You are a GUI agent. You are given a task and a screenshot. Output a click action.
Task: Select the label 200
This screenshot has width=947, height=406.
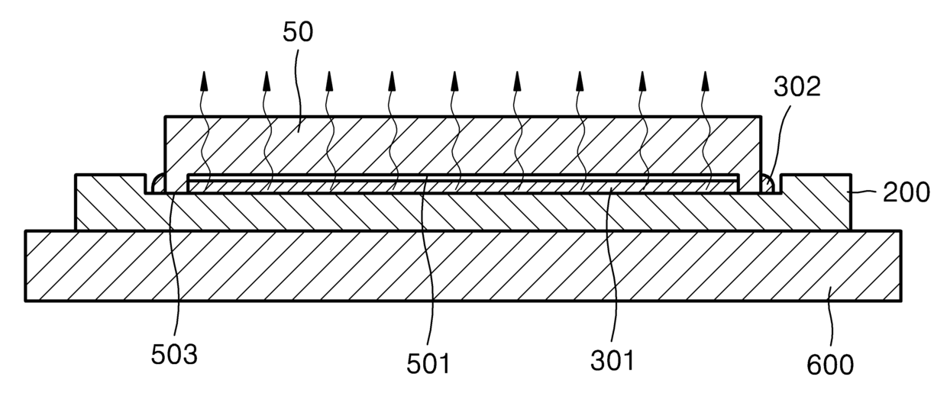(907, 192)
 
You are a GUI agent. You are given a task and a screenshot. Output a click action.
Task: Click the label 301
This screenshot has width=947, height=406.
(612, 359)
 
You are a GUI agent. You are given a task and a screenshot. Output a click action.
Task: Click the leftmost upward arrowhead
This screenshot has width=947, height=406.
(204, 78)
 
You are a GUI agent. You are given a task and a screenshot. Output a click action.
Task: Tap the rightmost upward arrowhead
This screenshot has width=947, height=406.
(705, 78)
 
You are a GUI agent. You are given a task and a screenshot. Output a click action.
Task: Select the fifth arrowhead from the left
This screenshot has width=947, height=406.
(454, 78)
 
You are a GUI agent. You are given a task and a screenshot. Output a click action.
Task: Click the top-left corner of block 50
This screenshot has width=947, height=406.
(166, 117)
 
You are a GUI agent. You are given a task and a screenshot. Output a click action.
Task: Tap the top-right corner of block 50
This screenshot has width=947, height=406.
(761, 117)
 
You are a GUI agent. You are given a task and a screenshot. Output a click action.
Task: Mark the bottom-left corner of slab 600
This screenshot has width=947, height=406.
(26, 301)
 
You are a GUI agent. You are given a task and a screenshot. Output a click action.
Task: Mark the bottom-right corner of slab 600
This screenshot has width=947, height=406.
(900, 301)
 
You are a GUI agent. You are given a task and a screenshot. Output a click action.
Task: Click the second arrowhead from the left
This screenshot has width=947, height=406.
(267, 78)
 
